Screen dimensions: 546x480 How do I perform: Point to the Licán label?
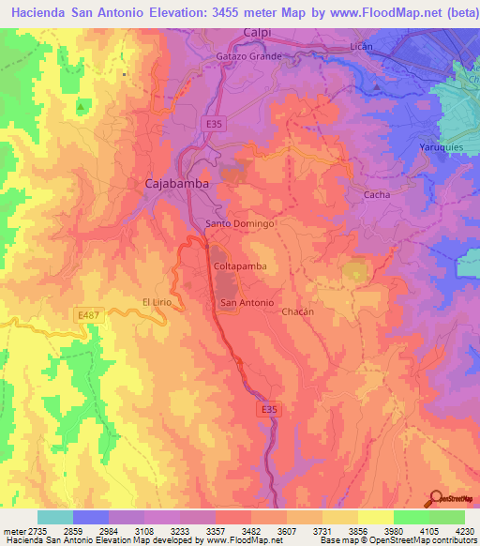[360, 46]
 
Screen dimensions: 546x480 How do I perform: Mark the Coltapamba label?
[240, 266]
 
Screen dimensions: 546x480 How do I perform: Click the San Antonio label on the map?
[247, 303]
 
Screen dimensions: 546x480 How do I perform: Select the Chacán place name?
[296, 311]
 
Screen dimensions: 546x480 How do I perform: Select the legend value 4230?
[463, 531]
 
